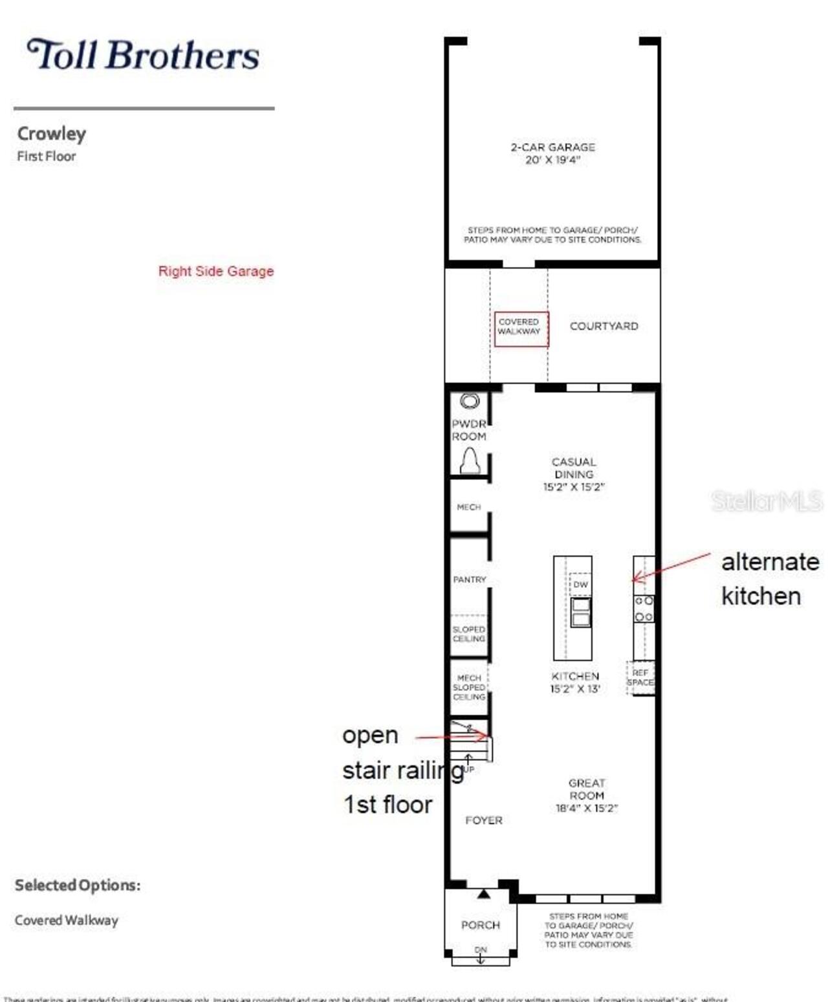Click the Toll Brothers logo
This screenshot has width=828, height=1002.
(x=143, y=54)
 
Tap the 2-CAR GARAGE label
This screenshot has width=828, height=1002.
(x=552, y=153)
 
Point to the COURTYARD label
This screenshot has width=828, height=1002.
(x=604, y=326)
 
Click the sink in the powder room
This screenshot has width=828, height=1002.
(x=470, y=401)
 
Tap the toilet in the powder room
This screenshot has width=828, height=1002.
(x=470, y=461)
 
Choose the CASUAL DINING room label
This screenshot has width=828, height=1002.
(x=574, y=474)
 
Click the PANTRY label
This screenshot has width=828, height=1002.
(x=469, y=580)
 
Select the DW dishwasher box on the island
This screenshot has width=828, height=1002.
(x=580, y=584)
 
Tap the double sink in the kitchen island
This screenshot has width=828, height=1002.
(x=580, y=612)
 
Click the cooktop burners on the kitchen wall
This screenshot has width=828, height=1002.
(x=644, y=609)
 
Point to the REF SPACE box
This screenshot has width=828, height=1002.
(x=640, y=678)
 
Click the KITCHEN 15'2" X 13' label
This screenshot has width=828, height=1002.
(x=575, y=682)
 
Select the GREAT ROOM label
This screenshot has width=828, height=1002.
(x=587, y=795)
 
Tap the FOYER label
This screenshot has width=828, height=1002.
(x=483, y=820)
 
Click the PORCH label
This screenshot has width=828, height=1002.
(x=480, y=925)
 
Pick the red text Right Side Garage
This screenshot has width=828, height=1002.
(x=216, y=271)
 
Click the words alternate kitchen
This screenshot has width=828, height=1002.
(x=768, y=578)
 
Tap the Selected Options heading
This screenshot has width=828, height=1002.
(x=78, y=885)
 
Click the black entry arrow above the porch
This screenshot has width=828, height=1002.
(x=483, y=894)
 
